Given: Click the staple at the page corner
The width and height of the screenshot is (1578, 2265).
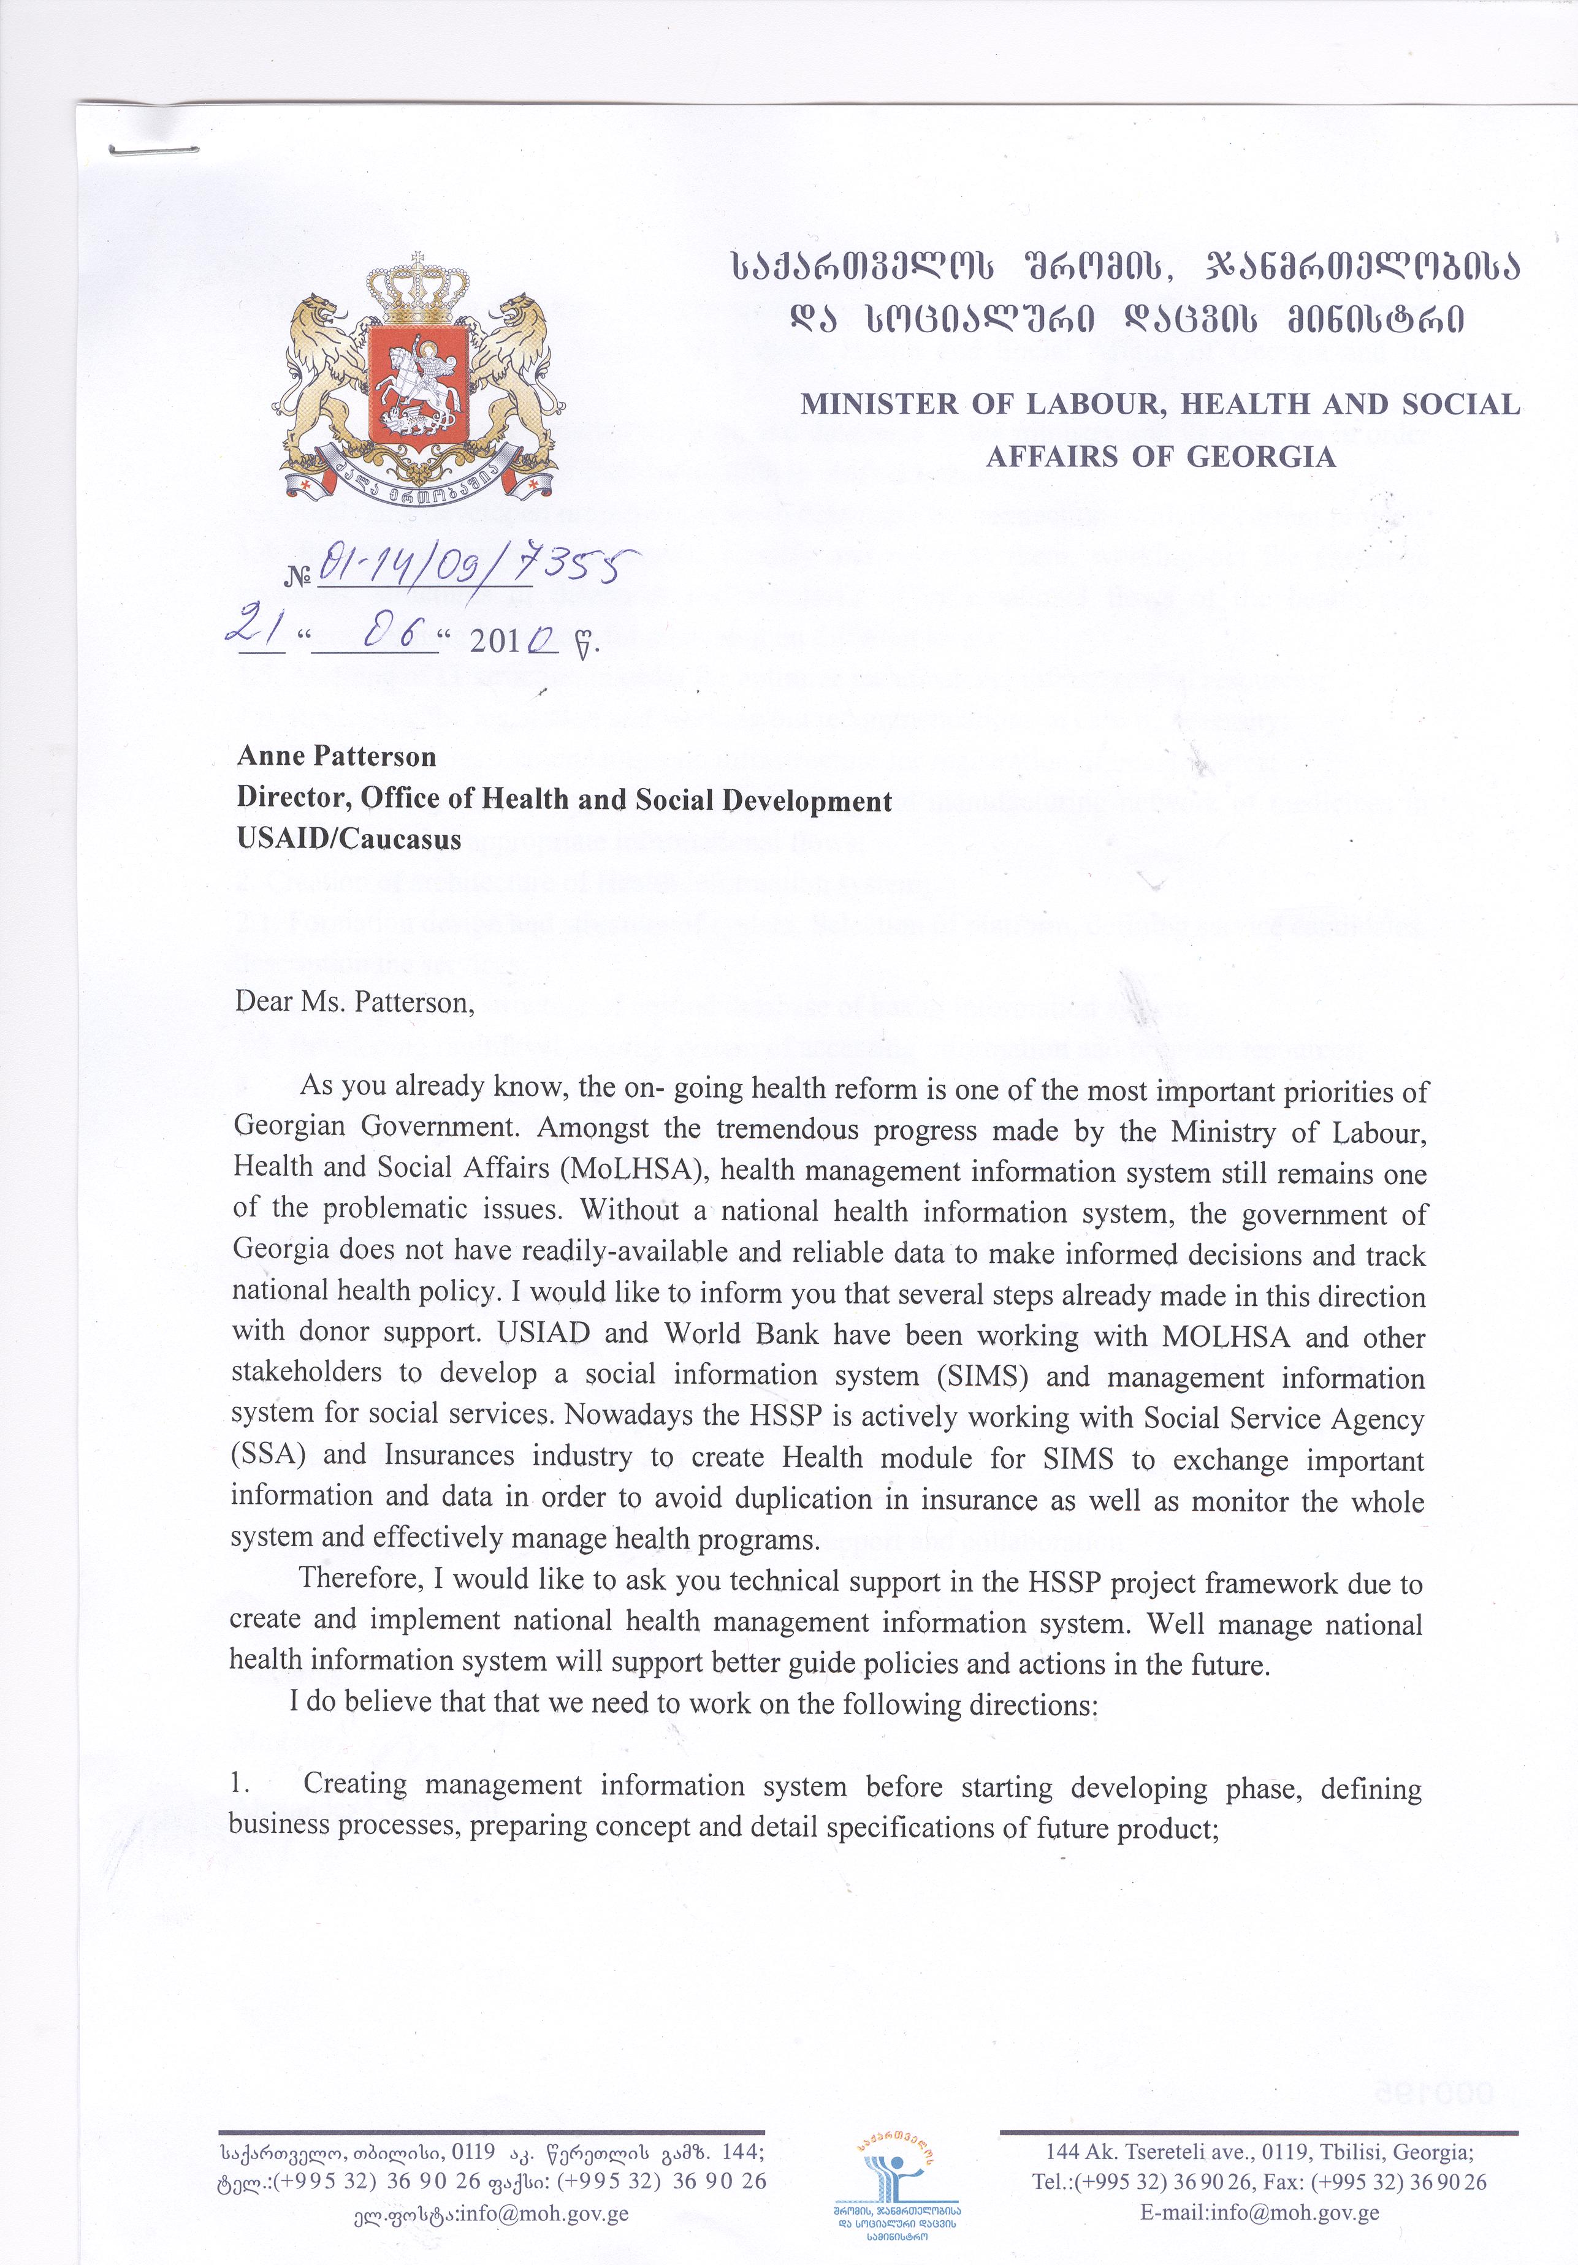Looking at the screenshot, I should (153, 151).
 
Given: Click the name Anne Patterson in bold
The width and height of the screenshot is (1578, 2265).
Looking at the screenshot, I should (337, 757).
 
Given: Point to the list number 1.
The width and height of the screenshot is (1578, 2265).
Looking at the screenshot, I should (237, 1783).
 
